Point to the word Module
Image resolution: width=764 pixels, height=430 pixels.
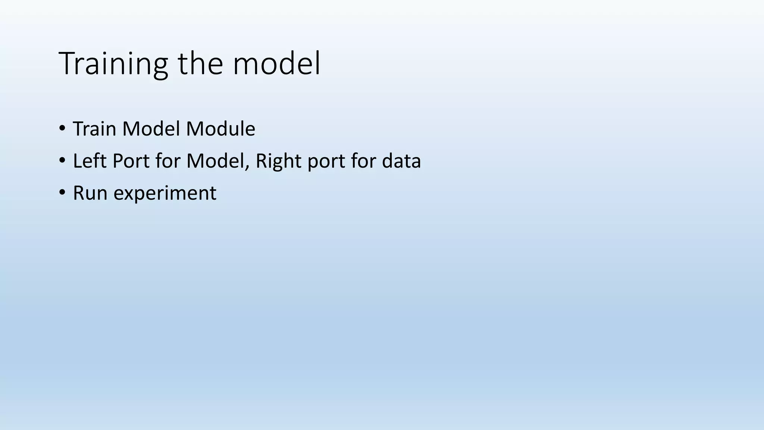click(x=220, y=129)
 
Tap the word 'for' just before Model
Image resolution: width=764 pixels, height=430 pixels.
click(x=168, y=161)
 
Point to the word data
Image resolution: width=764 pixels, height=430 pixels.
click(x=401, y=161)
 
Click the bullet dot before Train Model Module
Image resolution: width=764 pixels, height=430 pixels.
click(x=62, y=129)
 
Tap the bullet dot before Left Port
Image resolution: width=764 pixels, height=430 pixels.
click(x=62, y=161)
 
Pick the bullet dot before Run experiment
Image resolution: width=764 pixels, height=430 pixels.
click(x=62, y=193)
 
